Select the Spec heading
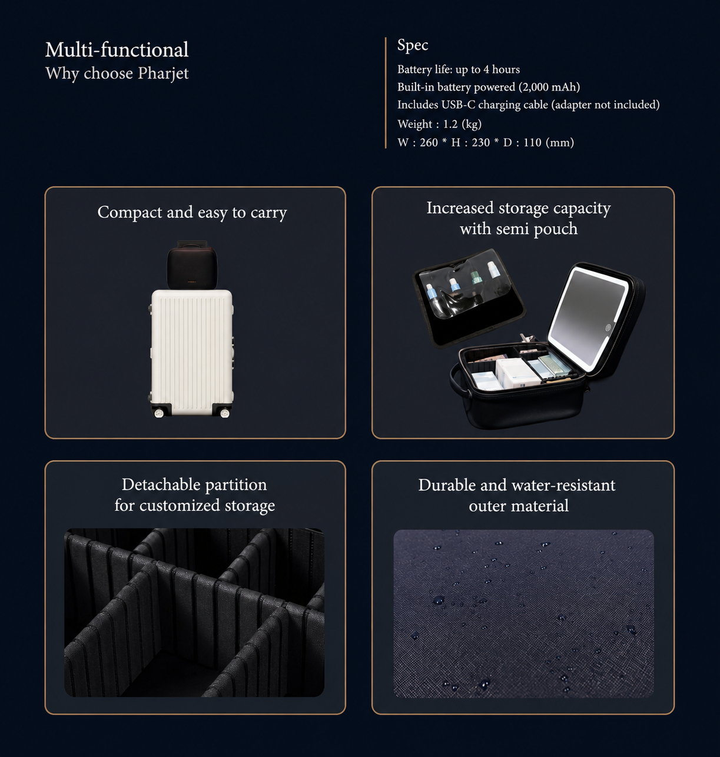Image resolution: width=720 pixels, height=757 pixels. (x=413, y=45)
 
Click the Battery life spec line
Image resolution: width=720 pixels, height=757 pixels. (x=459, y=69)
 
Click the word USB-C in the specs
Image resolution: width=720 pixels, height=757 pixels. (x=458, y=105)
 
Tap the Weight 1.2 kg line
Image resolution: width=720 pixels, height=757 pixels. (x=440, y=124)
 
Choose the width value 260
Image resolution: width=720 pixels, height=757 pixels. (x=429, y=142)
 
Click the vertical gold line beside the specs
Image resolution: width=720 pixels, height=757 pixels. (x=385, y=93)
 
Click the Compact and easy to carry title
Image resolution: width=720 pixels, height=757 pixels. (x=192, y=213)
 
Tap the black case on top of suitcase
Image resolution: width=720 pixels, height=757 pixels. (x=192, y=265)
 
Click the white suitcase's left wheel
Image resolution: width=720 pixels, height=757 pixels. (x=159, y=413)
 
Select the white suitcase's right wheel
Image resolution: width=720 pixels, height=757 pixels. (x=224, y=413)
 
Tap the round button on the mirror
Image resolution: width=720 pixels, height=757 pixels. (x=608, y=328)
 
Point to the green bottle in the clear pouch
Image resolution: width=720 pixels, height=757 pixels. (x=476, y=277)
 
